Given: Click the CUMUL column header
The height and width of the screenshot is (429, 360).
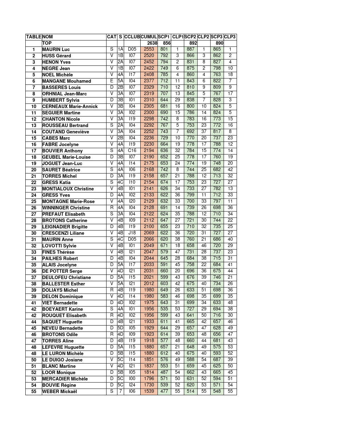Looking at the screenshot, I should [149, 37].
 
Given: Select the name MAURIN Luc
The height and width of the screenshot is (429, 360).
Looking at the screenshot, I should [56, 50].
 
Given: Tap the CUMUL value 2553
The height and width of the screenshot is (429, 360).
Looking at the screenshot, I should [149, 50].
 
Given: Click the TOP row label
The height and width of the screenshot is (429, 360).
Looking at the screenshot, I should [47, 43].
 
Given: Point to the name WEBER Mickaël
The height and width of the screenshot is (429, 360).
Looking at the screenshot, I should [59, 392].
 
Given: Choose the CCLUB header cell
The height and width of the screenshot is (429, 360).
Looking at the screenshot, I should [132, 37].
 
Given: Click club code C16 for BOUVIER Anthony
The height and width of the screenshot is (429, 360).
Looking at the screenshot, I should [132, 151].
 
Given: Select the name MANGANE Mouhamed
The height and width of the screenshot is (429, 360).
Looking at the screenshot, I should [66, 81].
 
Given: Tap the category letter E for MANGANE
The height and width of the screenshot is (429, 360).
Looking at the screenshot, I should [112, 81].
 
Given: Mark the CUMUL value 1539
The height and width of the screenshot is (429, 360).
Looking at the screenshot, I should [149, 392].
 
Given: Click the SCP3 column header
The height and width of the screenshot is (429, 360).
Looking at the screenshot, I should [217, 37].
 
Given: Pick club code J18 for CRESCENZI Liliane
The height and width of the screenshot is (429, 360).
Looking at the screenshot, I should [132, 233].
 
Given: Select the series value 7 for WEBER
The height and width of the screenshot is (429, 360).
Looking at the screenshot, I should [120, 392].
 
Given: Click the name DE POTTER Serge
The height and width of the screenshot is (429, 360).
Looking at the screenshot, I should [62, 271].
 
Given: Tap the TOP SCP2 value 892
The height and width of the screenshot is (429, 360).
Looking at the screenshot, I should [193, 43].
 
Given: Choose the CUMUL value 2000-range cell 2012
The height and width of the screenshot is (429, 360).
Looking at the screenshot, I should [149, 284].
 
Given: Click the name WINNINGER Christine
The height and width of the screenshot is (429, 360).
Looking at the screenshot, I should [66, 208].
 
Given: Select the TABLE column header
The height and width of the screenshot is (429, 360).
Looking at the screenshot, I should [34, 37].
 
